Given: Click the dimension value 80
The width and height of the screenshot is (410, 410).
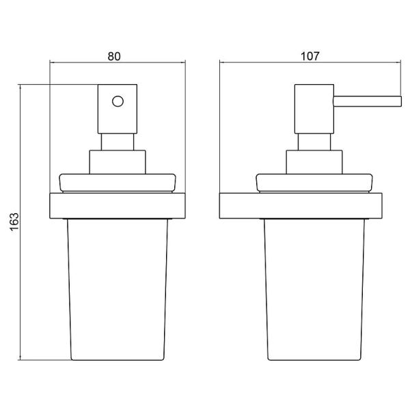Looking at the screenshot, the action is tap(114, 57).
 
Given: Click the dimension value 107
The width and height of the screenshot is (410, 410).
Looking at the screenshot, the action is tap(310, 56).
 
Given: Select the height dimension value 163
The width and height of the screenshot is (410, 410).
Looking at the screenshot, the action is tap(14, 221).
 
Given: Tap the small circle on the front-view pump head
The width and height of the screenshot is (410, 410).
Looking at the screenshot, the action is tap(118, 101).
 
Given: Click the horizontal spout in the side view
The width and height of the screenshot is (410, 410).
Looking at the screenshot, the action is tap(367, 101).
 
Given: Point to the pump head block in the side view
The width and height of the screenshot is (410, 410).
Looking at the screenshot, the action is tap(314, 109).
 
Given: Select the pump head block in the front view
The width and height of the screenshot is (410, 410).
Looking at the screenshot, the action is tap(118, 109).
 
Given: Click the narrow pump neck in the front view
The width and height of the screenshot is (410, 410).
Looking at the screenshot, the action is tap(118, 142).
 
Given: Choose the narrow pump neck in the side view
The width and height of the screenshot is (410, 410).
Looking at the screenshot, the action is tap(314, 142).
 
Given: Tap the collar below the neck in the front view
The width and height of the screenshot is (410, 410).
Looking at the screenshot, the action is tap(118, 162).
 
